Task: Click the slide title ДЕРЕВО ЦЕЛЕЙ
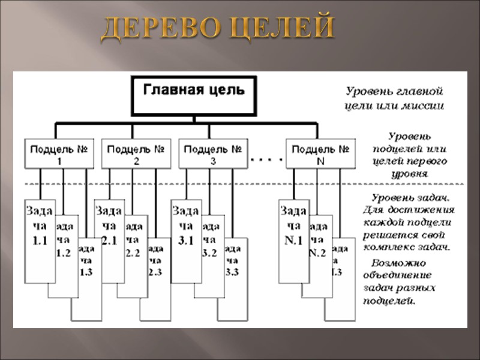[x=217, y=29]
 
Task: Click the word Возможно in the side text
[x=398, y=263]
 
